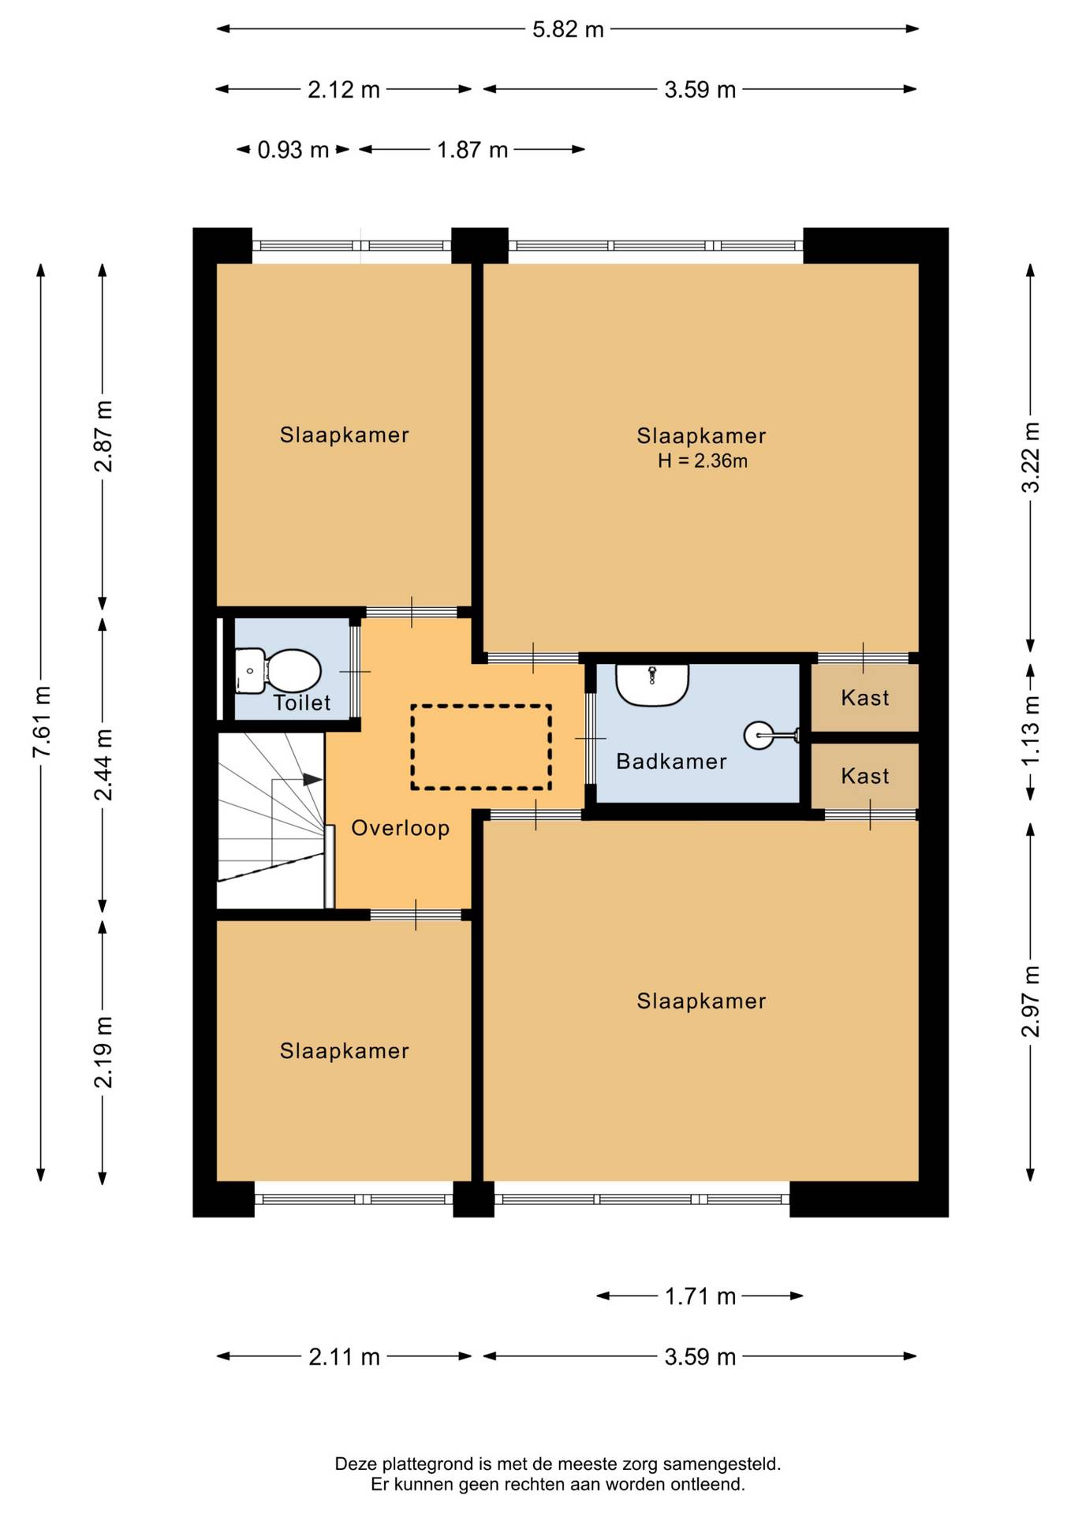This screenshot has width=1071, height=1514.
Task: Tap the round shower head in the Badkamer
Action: [759, 736]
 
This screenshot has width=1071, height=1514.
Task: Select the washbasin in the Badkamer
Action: [652, 684]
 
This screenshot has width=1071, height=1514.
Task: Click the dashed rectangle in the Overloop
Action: [481, 747]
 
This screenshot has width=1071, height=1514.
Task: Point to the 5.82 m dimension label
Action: [568, 30]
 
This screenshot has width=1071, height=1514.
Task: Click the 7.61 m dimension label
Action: [42, 722]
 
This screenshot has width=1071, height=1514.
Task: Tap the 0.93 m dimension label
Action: [293, 150]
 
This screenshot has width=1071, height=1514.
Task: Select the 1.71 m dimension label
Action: [700, 1296]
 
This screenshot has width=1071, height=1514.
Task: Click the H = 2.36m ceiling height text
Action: [703, 461]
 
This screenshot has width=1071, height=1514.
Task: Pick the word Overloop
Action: [401, 828]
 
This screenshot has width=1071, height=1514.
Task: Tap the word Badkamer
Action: [671, 762]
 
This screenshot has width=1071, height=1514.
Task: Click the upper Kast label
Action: [865, 698]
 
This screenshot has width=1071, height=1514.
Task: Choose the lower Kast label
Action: [865, 776]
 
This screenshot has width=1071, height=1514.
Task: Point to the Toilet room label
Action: [302, 703]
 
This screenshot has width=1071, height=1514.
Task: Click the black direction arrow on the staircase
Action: [313, 780]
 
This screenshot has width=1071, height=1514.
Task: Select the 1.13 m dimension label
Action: [1031, 730]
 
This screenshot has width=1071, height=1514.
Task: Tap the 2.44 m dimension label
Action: [103, 764]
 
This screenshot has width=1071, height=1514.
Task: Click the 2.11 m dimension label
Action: [345, 1357]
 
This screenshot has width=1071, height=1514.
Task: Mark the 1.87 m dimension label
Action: [472, 150]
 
